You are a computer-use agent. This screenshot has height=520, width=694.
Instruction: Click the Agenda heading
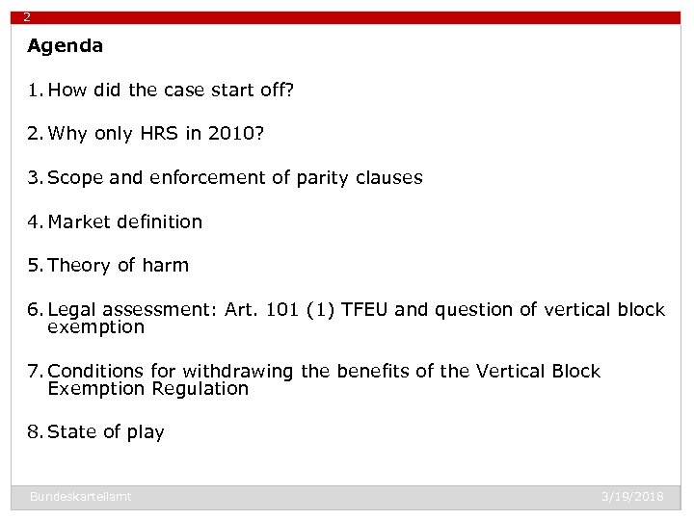(65, 45)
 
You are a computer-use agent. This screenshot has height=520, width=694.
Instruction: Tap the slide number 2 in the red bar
(27, 17)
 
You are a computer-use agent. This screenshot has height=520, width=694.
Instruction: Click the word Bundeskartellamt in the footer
(80, 496)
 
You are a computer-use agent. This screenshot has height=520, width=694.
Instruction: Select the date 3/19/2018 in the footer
(632, 496)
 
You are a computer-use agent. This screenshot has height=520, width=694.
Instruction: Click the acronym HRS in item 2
(151, 134)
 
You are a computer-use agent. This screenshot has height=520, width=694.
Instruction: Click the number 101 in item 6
(282, 309)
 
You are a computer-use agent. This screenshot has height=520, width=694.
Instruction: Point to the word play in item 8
(146, 432)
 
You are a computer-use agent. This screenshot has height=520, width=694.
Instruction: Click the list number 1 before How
(34, 91)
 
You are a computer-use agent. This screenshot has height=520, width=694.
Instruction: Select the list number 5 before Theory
(34, 265)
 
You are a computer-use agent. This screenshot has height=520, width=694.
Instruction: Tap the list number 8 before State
(34, 432)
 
